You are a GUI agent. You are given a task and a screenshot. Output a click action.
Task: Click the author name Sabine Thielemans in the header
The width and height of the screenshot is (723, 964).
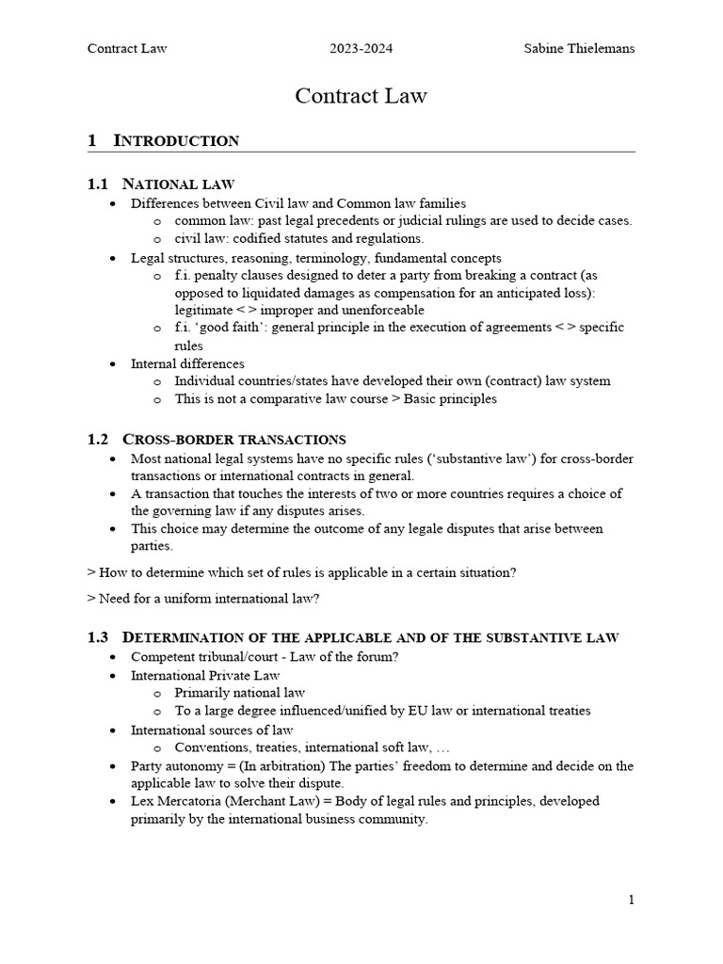tap(579, 49)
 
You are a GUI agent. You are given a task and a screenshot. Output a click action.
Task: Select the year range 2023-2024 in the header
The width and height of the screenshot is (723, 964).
tap(361, 49)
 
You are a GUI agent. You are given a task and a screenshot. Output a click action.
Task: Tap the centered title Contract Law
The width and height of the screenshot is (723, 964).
tap(361, 95)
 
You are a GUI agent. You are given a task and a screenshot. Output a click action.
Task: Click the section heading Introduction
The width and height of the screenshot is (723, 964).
tap(176, 141)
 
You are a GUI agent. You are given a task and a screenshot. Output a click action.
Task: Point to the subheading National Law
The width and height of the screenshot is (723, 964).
tap(179, 184)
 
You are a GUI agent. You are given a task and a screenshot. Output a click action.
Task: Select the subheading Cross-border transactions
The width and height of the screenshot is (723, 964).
tap(234, 440)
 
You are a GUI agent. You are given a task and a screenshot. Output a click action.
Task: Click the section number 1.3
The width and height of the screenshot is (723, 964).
tap(99, 637)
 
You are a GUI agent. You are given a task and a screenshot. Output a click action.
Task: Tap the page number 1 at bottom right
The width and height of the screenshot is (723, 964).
tap(632, 900)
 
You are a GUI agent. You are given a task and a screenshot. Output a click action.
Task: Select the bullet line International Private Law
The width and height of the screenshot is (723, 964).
tap(205, 675)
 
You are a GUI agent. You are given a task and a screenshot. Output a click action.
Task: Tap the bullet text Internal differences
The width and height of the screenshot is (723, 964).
tap(187, 363)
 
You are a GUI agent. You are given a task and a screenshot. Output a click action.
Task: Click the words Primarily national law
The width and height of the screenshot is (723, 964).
tap(240, 693)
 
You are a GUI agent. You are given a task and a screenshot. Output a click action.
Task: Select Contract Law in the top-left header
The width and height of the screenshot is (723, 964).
tap(127, 49)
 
